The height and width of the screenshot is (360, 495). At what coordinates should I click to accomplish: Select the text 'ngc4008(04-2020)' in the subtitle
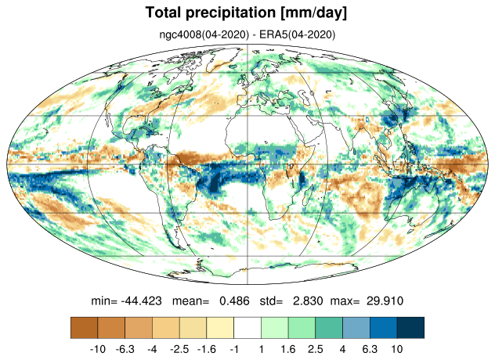click(204, 34)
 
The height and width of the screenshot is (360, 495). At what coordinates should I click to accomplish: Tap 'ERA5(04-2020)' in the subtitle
click(297, 34)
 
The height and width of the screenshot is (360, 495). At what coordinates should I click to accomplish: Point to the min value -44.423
click(142, 301)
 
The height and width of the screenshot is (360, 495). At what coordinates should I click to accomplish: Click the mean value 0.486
click(234, 301)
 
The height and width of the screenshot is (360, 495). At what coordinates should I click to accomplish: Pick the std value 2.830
click(308, 301)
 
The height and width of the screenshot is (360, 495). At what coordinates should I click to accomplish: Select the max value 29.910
click(385, 301)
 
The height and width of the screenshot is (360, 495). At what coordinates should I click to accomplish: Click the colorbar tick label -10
click(98, 349)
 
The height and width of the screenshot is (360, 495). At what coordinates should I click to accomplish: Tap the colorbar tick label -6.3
click(125, 349)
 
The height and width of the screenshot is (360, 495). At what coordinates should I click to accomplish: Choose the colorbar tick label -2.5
click(179, 349)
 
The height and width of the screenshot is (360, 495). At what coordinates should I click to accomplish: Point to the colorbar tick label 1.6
click(288, 349)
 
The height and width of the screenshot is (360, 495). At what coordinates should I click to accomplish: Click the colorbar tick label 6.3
click(370, 349)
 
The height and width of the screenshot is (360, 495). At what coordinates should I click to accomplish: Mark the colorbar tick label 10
click(397, 349)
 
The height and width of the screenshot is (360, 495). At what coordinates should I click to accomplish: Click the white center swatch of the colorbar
click(247, 328)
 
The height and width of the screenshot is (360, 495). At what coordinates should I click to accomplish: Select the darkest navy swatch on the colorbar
click(410, 328)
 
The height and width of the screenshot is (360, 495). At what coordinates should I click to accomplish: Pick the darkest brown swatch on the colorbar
click(85, 328)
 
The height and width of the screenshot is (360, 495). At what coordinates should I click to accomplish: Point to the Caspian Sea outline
click(304, 95)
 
